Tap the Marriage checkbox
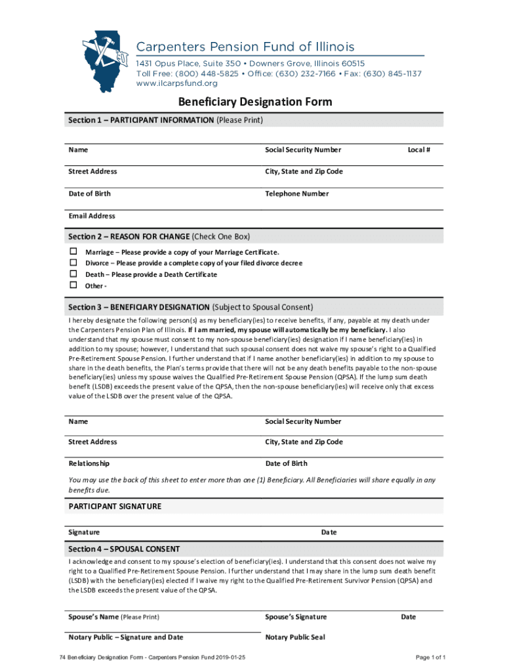(74, 252)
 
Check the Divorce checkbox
(74, 263)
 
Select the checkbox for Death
(74, 274)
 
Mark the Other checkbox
(74, 285)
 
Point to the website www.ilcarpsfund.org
(176, 83)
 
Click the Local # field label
(418, 150)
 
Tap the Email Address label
(92, 216)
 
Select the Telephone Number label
(296, 194)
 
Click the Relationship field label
(89, 463)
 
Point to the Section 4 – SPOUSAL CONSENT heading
(124, 549)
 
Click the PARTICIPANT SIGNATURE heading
(115, 507)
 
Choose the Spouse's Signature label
(296, 617)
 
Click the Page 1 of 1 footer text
(431, 658)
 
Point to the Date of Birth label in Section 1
(89, 194)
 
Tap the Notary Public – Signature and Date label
(126, 637)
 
